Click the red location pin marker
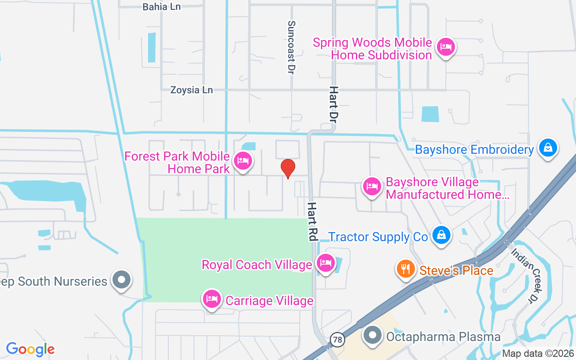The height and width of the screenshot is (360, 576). click(x=288, y=168)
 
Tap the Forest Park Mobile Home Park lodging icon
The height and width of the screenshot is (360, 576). click(x=243, y=160)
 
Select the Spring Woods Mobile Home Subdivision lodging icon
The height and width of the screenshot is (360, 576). click(x=446, y=46)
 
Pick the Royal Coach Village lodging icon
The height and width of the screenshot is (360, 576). click(x=325, y=262)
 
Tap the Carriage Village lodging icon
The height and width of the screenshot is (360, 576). click(x=212, y=299)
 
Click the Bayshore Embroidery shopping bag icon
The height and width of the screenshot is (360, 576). click(x=548, y=147)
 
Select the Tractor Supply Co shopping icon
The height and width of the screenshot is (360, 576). click(x=442, y=235)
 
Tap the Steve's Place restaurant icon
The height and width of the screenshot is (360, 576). click(x=406, y=269)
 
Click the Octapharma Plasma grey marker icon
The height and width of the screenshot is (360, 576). click(x=373, y=335)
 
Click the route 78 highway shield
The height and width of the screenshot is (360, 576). click(x=337, y=340)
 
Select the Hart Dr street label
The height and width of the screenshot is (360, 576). click(x=333, y=105)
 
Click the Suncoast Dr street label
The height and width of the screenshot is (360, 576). click(x=292, y=47)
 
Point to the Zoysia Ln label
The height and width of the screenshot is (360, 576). click(x=191, y=90)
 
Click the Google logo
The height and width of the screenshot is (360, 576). click(x=30, y=349)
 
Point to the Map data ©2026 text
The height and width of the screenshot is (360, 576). click(x=537, y=353)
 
